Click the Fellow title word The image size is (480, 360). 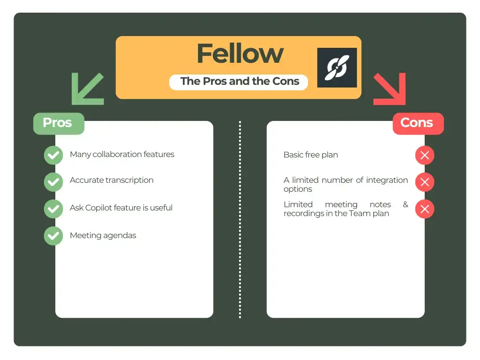click(240, 53)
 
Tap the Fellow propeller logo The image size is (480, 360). click(337, 67)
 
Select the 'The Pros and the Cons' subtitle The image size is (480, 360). click(240, 81)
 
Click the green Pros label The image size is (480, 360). click(58, 123)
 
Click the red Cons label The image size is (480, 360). click(417, 123)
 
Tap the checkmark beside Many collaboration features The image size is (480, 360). click(53, 155)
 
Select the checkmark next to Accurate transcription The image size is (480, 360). click(53, 182)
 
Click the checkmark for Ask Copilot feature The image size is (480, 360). click(53, 209)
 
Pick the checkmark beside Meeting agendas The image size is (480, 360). click(53, 236)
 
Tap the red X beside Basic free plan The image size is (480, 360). click(425, 155)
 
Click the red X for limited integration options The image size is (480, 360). click(425, 182)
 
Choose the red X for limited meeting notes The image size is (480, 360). click(425, 209)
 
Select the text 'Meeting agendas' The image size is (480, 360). click(103, 235)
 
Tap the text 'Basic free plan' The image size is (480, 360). click(310, 155)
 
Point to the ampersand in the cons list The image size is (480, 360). click(405, 204)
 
